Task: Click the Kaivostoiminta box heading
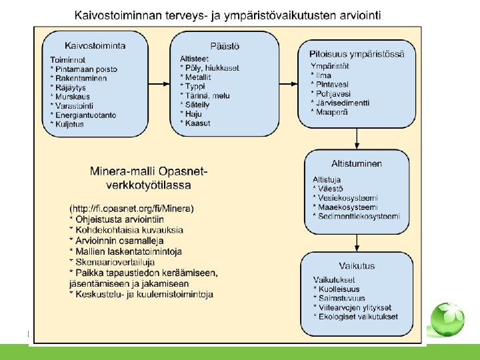(95, 45)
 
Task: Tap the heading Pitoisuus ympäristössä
(357, 53)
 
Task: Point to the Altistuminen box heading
(357, 164)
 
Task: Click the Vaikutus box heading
(357, 265)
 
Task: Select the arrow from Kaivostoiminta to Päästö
(159, 83)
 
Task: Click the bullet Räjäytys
(72, 87)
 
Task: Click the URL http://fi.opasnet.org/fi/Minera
(132, 209)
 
